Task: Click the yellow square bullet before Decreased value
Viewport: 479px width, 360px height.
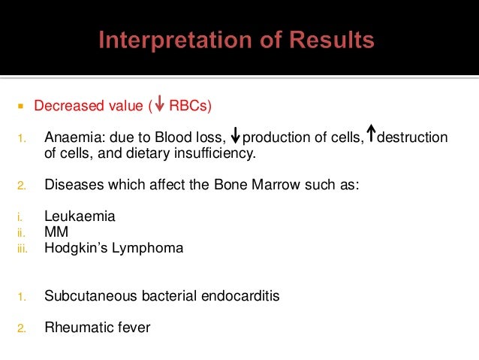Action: click(22, 105)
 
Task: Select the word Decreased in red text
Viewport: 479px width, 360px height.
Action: click(63, 105)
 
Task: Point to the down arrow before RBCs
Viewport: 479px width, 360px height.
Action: click(160, 105)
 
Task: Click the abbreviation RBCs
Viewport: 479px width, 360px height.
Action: click(188, 105)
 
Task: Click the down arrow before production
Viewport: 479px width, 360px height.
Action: click(236, 137)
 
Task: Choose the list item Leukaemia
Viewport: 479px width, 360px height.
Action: click(80, 216)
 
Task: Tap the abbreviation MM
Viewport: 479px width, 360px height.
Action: click(56, 232)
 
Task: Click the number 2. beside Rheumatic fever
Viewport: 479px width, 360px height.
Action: click(22, 328)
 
